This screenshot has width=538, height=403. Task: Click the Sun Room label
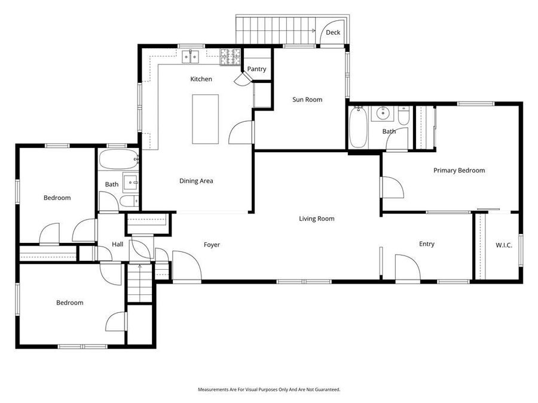point(307,100)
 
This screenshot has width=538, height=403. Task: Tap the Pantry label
point(256,69)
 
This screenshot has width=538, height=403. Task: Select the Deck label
point(333,32)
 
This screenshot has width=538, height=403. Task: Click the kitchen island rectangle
point(205,119)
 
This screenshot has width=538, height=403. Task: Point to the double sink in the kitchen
point(191,57)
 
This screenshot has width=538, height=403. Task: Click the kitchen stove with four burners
point(230,57)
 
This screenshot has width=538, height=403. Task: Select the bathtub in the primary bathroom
point(357,127)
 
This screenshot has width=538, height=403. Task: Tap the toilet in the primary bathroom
point(404,115)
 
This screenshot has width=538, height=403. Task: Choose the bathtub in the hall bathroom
point(118,160)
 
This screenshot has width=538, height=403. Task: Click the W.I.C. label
point(504,245)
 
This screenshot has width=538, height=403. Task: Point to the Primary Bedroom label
point(459,170)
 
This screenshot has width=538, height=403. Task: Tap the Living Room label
point(316,219)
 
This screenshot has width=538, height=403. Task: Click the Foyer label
point(212,245)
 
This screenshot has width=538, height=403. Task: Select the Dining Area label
point(196,181)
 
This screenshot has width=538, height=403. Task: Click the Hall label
point(117,244)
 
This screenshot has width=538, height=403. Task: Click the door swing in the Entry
point(405,266)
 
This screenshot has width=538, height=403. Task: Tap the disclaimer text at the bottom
point(269,389)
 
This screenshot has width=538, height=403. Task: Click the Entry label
point(426,244)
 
